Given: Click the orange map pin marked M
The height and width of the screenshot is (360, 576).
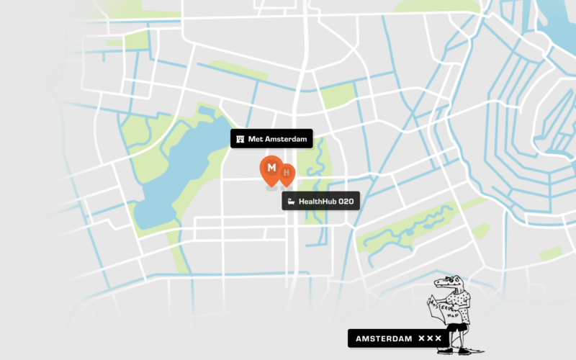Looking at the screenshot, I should pos(271,168).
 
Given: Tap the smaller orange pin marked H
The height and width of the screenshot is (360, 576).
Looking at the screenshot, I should pos(287,173).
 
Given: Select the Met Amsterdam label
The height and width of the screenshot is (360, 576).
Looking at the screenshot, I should pos(271,138).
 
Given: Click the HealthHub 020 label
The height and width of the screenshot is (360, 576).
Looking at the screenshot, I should pos(320,201).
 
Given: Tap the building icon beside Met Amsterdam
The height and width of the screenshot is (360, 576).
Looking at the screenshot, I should pos(240,138).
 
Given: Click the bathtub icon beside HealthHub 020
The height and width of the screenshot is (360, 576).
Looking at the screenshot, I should pos(291,201).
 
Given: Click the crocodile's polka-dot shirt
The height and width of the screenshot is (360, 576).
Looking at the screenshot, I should pos(459,310).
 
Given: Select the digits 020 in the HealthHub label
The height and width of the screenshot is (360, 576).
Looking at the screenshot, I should pos(346,201).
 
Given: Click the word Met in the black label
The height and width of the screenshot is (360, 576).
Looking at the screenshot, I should pos(254,138).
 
